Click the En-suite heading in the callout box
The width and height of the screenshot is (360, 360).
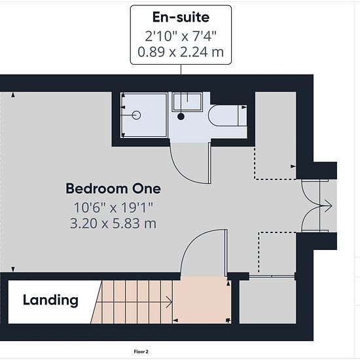click(x=181, y=17)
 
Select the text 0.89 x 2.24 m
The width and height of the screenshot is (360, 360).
click(x=181, y=52)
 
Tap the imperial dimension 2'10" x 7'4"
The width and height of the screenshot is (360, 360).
click(x=181, y=36)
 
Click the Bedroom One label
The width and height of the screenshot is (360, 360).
click(x=113, y=189)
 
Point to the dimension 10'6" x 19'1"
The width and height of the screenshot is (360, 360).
click(x=113, y=207)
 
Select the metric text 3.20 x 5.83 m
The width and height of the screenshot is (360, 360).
click(x=113, y=223)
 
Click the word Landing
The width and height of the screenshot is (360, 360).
click(x=51, y=300)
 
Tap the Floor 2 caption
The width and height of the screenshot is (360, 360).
click(x=141, y=351)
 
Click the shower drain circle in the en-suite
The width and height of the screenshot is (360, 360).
click(x=136, y=115)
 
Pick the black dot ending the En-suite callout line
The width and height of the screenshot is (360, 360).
click(x=181, y=117)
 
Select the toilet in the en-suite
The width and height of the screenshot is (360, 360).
click(x=227, y=115)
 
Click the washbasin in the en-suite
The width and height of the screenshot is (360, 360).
click(x=188, y=102)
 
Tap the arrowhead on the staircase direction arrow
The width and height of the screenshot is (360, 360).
click(x=170, y=302)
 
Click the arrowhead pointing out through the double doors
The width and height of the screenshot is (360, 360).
click(x=329, y=206)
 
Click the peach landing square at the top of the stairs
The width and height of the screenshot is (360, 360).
click(x=202, y=300)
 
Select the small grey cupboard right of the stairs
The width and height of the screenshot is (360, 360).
click(x=268, y=301)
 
